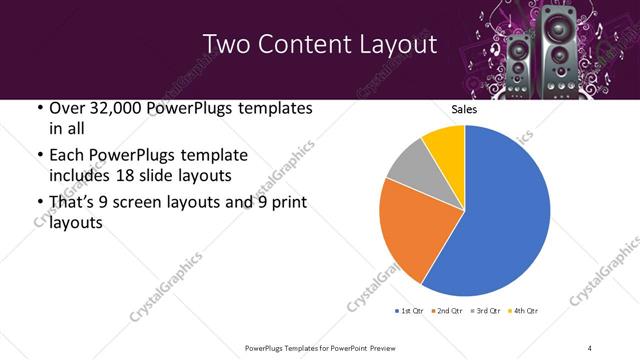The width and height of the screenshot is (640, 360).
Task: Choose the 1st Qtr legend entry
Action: (x=410, y=311)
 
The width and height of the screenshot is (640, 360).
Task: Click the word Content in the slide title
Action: (x=319, y=44)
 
